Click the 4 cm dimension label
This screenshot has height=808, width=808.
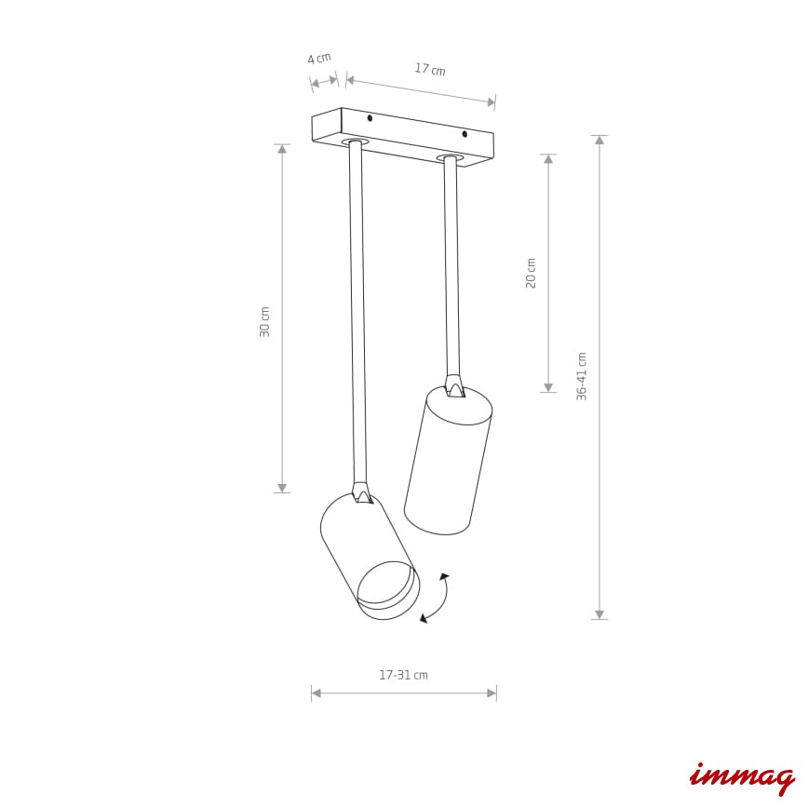pyautogui.click(x=319, y=59)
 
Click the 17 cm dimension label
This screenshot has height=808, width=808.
pyautogui.click(x=430, y=69)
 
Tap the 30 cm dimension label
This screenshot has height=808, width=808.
pyautogui.click(x=264, y=321)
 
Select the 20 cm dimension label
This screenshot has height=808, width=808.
pyautogui.click(x=531, y=273)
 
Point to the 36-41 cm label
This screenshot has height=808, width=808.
pyautogui.click(x=582, y=377)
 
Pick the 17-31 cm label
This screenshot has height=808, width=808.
pyautogui.click(x=403, y=675)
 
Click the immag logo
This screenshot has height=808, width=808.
pyautogui.click(x=742, y=778)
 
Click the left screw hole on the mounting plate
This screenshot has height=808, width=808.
pyautogui.click(x=370, y=118)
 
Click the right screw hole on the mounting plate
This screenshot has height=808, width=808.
pyautogui.click(x=465, y=134)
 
